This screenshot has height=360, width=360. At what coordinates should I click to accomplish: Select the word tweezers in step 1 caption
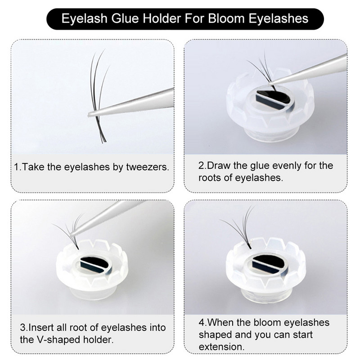pos(148,167)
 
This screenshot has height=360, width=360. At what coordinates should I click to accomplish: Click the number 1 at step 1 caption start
pos(17,167)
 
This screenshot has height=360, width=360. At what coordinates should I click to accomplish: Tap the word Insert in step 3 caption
pos(42,327)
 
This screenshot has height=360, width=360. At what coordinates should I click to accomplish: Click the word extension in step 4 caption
pos(221,347)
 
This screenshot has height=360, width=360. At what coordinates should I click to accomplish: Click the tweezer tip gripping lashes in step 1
pos(92,114)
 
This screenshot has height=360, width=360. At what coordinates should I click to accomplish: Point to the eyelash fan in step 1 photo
pos(100,90)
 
